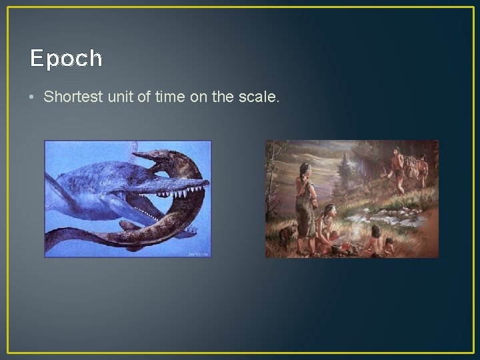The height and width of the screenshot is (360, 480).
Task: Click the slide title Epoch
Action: pos(66,59)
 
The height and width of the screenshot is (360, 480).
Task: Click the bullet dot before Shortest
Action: pos(33,97)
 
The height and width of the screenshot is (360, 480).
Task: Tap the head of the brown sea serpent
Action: pos(153,159)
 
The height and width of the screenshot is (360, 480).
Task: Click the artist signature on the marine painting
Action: pos(198,253)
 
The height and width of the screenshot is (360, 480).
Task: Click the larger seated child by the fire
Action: pos(374,239)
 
